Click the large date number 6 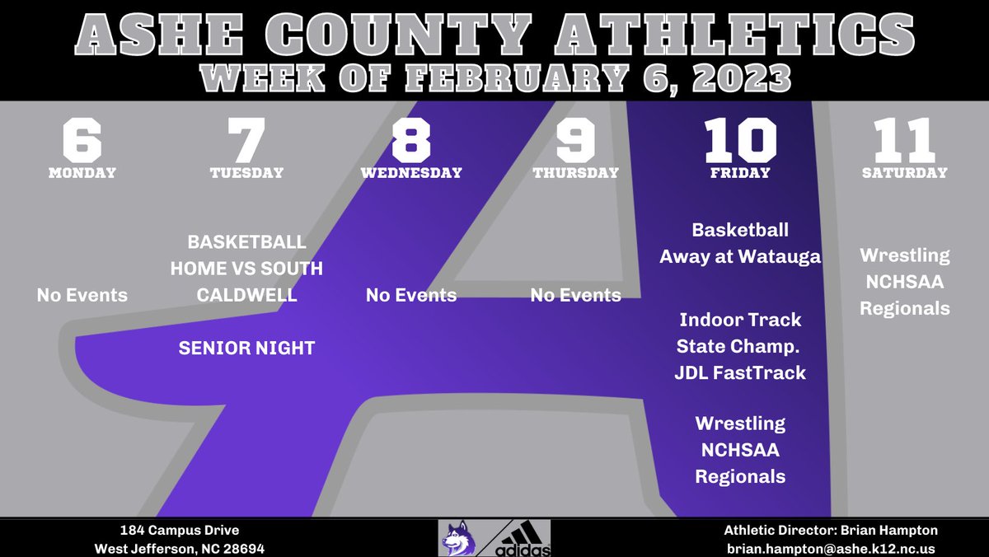(x=82, y=141)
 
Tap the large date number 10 (x=739, y=141)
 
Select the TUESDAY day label (x=246, y=173)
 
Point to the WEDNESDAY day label (x=411, y=173)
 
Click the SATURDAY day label (x=904, y=173)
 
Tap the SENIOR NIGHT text (x=246, y=349)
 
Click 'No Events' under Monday (x=82, y=295)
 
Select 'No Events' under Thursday (x=576, y=295)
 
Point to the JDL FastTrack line (x=740, y=373)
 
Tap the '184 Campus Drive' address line (x=178, y=531)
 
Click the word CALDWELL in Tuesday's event (x=246, y=295)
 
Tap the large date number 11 (x=904, y=141)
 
